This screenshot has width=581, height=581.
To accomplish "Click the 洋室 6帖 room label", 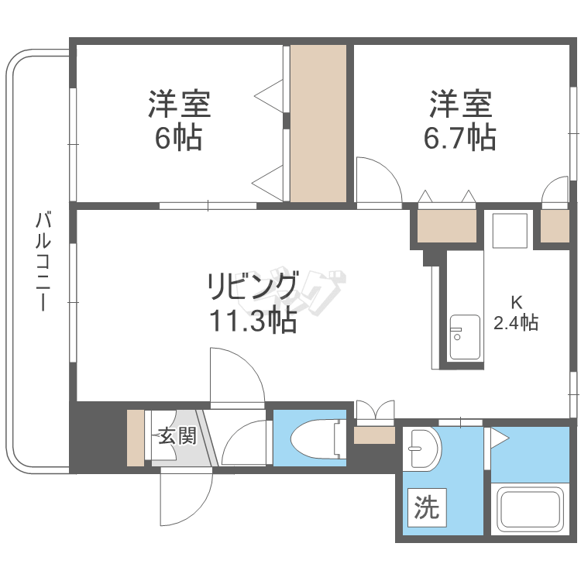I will [179, 121].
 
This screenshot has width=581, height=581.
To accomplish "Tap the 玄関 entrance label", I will [177, 436].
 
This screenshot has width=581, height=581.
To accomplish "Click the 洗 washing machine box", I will [425, 508].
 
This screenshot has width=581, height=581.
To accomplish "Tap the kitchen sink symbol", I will [466, 338].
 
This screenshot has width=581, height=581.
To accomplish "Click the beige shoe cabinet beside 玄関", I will [136, 438].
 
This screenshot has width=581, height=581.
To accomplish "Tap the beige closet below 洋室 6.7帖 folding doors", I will [447, 226].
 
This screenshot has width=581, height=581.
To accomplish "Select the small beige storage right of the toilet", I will [374, 435].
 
